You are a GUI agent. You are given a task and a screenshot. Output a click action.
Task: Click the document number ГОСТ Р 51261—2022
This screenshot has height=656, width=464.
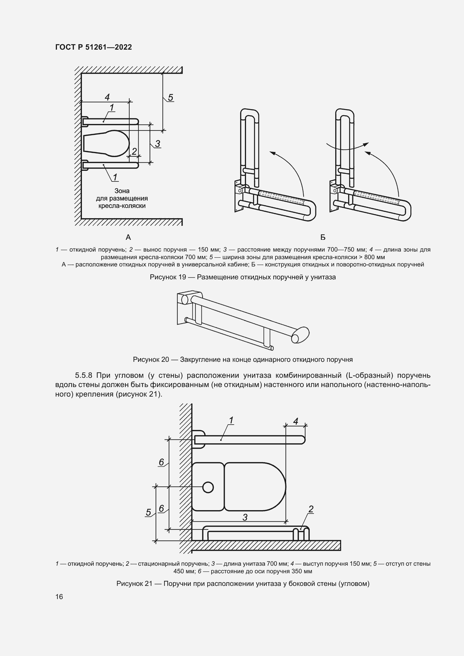pyautogui.click(x=93, y=47)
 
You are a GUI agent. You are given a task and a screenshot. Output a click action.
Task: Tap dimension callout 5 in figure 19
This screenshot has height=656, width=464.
pyautogui.click(x=170, y=98)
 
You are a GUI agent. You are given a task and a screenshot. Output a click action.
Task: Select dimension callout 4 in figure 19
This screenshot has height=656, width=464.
pyautogui.click(x=107, y=97)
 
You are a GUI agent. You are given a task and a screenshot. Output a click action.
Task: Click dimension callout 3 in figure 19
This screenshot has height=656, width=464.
pyautogui.click(x=157, y=143)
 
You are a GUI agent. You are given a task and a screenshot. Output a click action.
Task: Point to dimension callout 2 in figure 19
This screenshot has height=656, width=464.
pyautogui.click(x=134, y=151)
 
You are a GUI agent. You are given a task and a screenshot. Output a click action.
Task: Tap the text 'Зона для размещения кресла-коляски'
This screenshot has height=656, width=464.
pyautogui.click(x=122, y=198)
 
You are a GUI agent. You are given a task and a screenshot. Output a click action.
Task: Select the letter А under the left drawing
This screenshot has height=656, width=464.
pyautogui.click(x=128, y=237)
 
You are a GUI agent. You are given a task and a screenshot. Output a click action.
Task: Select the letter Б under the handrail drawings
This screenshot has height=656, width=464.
pyautogui.click(x=323, y=237)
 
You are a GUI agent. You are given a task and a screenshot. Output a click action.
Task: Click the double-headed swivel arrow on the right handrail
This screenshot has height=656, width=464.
pyautogui.click(x=347, y=147)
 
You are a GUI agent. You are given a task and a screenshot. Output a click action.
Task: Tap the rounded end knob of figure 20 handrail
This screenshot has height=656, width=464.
pyautogui.click(x=300, y=335)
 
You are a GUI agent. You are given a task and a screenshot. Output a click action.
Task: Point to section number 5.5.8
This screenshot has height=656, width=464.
pyautogui.click(x=84, y=375)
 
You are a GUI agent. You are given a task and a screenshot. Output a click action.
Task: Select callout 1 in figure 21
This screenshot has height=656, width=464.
pyautogui.click(x=231, y=420)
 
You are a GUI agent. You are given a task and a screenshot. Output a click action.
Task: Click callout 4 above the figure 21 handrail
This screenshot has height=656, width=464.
pyautogui.click(x=296, y=421)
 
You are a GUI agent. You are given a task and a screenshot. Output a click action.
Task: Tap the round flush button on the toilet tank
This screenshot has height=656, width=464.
pyautogui.click(x=208, y=487)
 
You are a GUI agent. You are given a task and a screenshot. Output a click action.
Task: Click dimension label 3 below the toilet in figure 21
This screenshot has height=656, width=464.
pyautogui.click(x=245, y=517)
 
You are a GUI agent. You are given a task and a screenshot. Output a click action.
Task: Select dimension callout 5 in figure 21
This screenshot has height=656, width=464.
pyautogui.click(x=148, y=512)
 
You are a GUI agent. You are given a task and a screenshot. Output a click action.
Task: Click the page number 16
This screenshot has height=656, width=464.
pyautogui.click(x=59, y=597)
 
